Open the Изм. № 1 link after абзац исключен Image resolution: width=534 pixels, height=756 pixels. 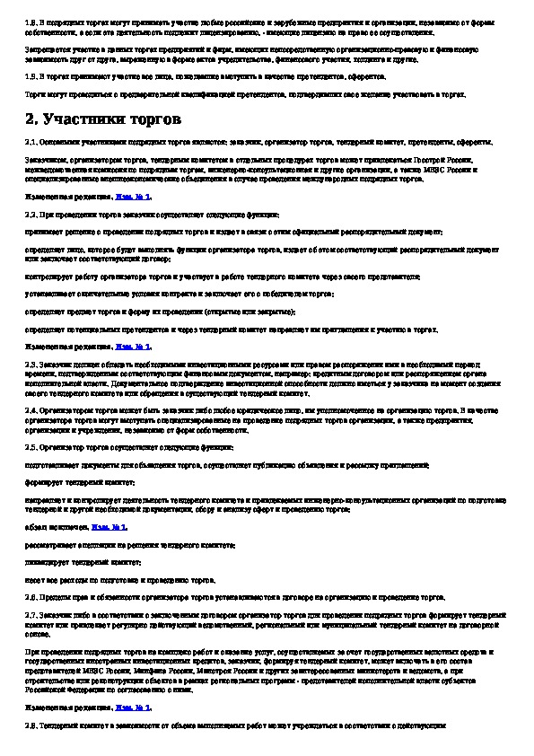[x=114, y=527]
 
